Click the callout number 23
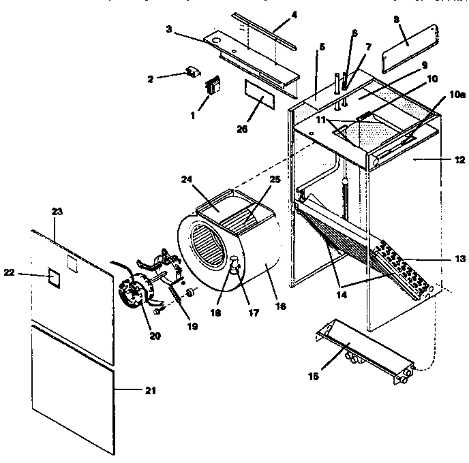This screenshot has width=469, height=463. pos(57,212)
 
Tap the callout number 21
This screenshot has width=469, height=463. pos(151,390)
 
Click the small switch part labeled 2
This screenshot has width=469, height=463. pos(194,71)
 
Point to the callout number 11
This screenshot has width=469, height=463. pos(320,118)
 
